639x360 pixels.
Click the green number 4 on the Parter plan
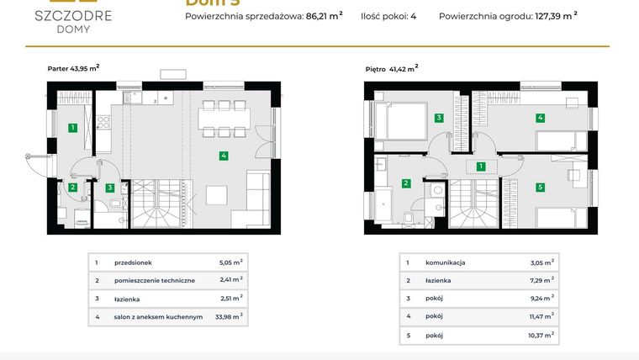coord(223,156)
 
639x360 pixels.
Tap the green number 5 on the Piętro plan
coord(541,187)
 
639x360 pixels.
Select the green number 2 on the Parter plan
coord(73,188)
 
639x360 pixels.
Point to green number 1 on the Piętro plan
coord(481,167)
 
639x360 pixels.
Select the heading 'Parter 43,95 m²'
coord(73,69)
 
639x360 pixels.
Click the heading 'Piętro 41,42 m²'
coord(391,69)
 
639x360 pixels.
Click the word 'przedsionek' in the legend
coord(133,262)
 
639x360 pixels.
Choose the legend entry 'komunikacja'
coord(446,262)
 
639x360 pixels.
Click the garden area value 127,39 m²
coord(556,15)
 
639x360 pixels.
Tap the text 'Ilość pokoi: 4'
coord(388,15)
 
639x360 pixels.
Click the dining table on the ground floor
coord(224,118)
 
